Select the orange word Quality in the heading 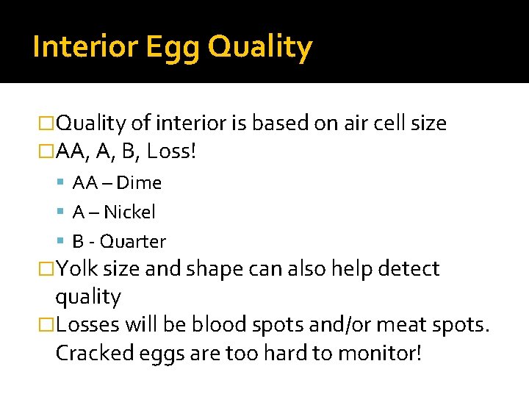point(260,47)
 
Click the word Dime point(139,182)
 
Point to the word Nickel point(129,212)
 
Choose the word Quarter point(133,241)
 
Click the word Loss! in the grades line point(171,152)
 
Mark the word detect point(408,269)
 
